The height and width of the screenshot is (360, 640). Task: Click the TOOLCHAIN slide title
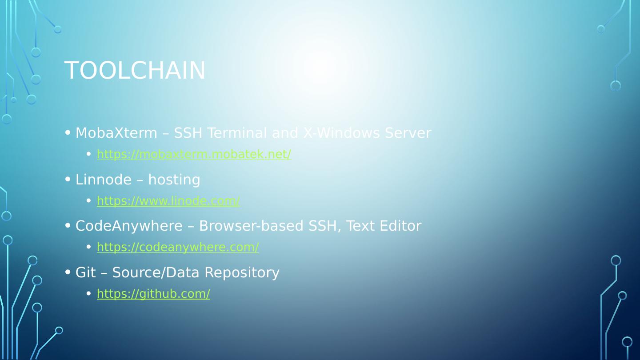135,71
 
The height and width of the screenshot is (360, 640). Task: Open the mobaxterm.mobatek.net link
194,154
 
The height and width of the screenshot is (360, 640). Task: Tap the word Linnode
104,180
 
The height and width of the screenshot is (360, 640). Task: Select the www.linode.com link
168,201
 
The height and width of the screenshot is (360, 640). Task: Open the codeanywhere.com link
177,247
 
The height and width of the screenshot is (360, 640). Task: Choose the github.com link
153,294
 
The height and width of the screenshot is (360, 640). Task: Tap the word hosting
174,180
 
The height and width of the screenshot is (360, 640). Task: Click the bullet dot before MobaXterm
68,132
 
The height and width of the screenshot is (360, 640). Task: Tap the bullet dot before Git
68,272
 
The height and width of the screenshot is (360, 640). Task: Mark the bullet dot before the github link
88,293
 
